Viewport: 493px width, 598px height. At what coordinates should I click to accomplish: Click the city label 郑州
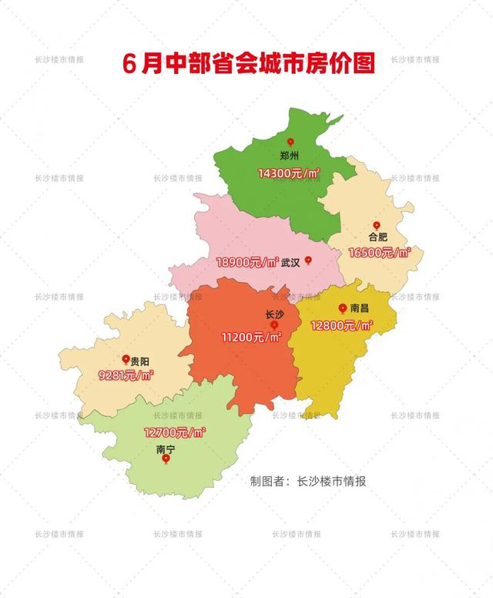(290, 155)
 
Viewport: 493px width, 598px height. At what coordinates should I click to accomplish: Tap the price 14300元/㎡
(289, 174)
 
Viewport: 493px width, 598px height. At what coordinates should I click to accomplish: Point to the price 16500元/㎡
(379, 252)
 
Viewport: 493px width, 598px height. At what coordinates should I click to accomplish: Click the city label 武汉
(290, 262)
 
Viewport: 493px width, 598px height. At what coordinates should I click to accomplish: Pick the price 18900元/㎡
(247, 262)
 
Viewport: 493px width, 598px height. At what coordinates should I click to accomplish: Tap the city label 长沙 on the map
(274, 314)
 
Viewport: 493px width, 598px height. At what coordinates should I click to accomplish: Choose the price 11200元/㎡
(251, 337)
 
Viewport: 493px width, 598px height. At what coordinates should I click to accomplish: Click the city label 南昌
(360, 308)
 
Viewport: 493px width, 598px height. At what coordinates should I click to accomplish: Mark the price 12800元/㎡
(342, 325)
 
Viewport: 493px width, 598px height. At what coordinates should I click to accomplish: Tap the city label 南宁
(166, 448)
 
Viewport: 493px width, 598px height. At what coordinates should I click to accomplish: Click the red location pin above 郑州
(290, 143)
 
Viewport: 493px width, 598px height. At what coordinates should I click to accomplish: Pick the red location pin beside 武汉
(308, 260)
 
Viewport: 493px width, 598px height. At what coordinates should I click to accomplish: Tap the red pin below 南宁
(166, 459)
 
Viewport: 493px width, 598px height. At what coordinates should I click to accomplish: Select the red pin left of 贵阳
(126, 360)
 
